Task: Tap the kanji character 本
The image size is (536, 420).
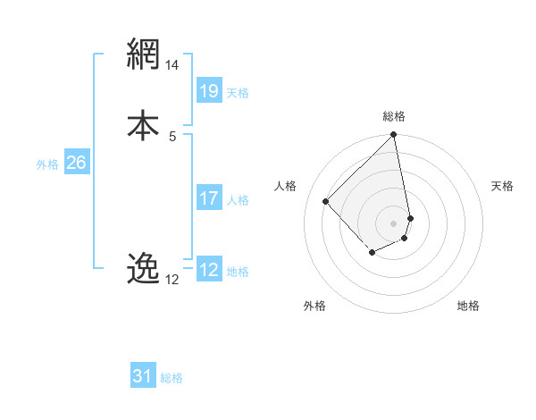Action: coord(143,124)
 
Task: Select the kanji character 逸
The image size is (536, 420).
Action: coord(143,267)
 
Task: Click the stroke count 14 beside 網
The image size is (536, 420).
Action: coord(172,65)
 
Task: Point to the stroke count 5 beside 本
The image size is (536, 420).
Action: coord(172,136)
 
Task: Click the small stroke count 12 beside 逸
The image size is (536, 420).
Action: coord(172,280)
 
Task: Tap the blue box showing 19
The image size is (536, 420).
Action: coord(209,90)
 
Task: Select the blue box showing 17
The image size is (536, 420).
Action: coord(209,198)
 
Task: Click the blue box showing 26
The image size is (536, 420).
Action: coord(76,163)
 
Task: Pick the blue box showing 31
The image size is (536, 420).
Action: coord(143,376)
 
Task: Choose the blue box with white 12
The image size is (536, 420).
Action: coord(209,270)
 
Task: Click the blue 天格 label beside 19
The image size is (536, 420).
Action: coord(238,92)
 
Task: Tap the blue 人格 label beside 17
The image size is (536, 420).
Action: coord(238,200)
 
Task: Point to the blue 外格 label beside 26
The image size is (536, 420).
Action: coord(47,164)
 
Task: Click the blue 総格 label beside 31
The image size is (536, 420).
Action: coord(172,378)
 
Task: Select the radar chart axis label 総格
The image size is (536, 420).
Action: coord(394,116)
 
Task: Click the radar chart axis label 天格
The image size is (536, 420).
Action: coord(502,186)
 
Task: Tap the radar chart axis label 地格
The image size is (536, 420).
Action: coord(468,306)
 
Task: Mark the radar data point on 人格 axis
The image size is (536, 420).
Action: coord(326,201)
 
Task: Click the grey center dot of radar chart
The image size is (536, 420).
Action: coord(394,223)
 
